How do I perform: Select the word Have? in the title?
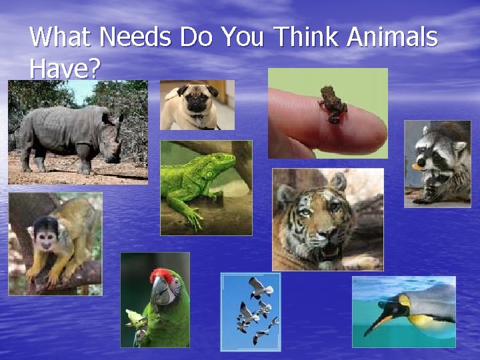pos(64,68)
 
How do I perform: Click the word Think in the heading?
pos(307,37)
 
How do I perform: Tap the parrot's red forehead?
pos(161,275)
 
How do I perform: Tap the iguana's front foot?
pos(194,217)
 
